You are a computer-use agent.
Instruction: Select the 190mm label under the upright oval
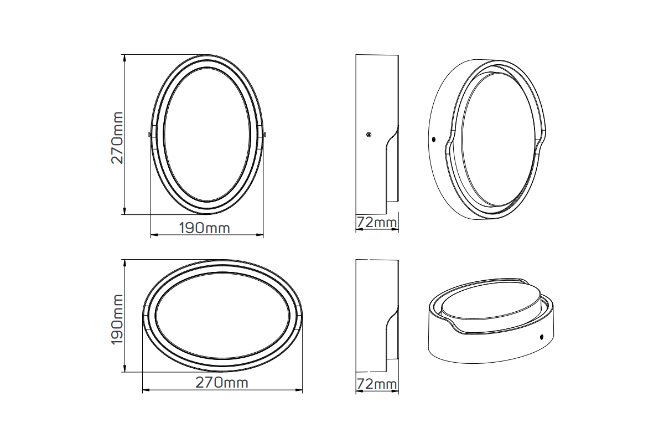click(204, 228)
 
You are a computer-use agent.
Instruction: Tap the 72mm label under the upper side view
click(377, 223)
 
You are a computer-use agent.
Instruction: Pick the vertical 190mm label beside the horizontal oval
click(117, 320)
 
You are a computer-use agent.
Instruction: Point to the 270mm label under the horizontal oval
click(222, 383)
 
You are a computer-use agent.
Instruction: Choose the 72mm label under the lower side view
click(377, 384)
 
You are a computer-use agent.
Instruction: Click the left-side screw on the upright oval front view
click(150, 134)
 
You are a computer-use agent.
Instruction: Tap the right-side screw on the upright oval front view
click(264, 134)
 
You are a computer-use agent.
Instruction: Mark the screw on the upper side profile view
click(368, 134)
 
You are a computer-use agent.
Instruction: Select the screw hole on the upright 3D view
click(433, 138)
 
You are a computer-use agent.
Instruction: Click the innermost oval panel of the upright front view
click(206, 134)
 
